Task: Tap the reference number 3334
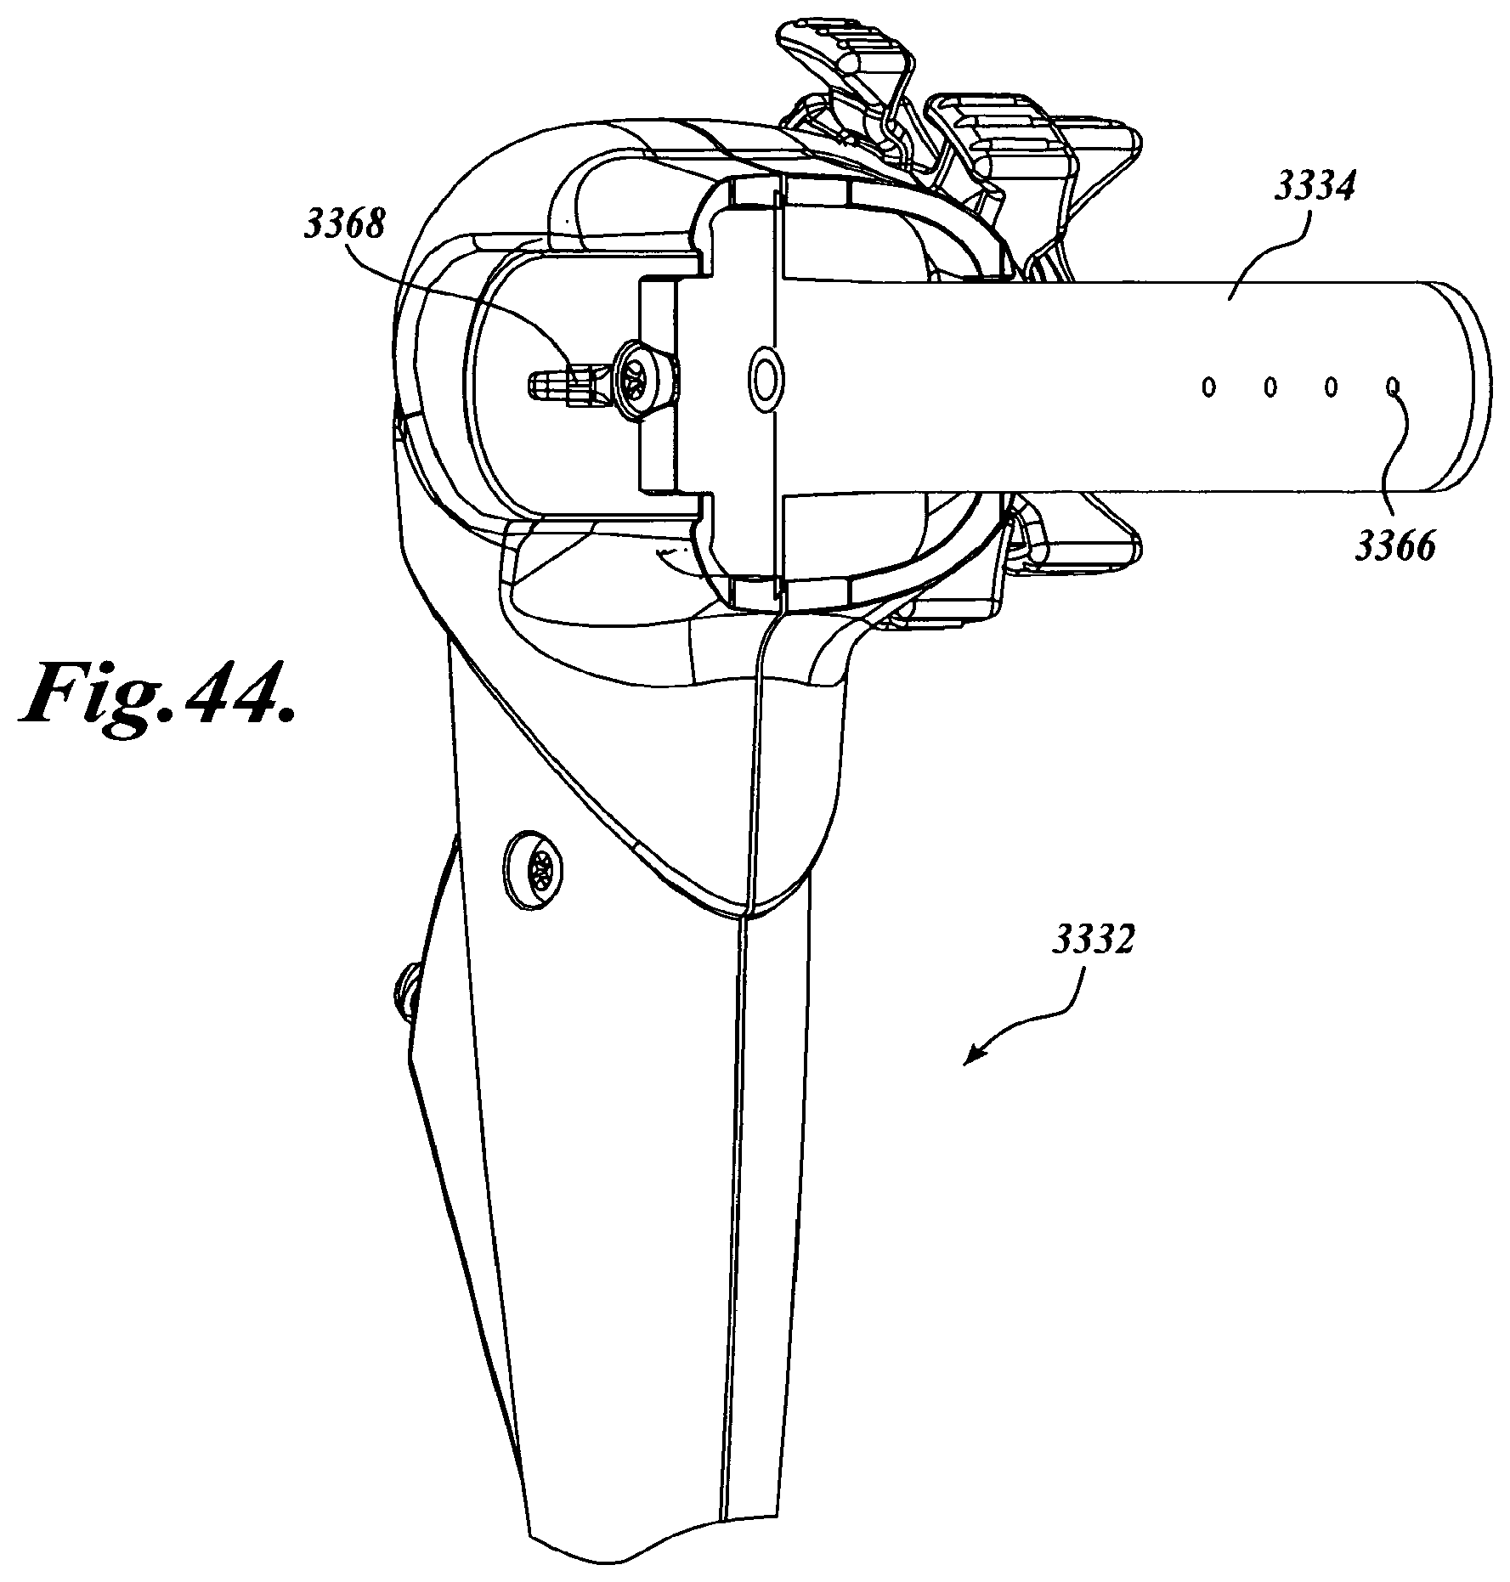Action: pos(1314,188)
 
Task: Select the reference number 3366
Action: pos(1395,546)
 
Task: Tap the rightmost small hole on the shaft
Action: pos(1393,387)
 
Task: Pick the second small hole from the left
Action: pos(1270,387)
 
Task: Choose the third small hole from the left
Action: pos(1332,387)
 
